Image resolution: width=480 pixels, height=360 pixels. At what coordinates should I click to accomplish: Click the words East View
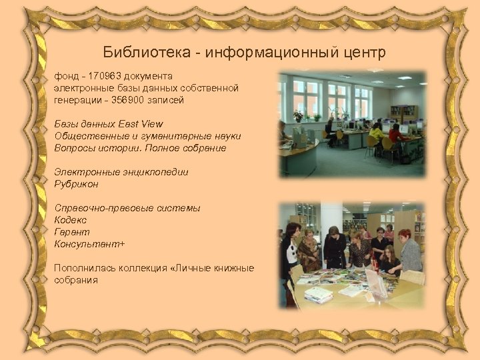click(141, 124)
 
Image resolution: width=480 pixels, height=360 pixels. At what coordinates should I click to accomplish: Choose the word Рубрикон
click(76, 184)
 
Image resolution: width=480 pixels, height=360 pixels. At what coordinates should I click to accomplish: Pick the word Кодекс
click(71, 220)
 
